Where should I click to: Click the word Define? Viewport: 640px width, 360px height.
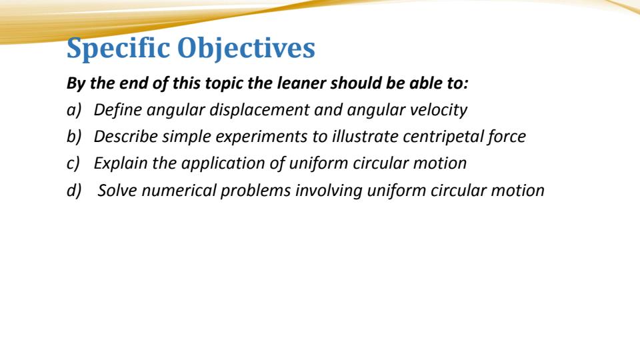click(x=117, y=111)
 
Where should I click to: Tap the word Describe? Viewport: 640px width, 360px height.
click(x=125, y=137)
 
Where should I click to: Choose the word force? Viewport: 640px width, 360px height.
click(x=506, y=137)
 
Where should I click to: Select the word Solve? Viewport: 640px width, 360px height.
click(x=117, y=190)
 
